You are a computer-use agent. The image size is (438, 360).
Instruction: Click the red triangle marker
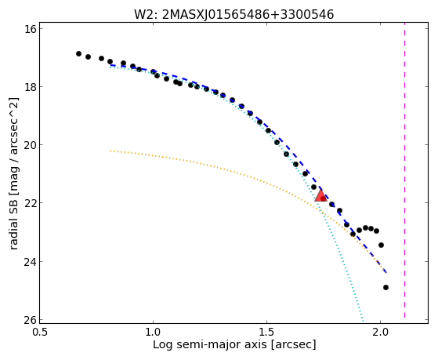click(320, 195)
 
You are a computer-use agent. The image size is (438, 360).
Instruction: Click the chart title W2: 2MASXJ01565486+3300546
click(234, 14)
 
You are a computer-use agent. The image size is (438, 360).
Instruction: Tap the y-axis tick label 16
click(31, 28)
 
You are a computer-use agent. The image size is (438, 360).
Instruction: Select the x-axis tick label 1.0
click(153, 333)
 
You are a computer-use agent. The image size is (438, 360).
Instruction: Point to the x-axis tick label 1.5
click(266, 333)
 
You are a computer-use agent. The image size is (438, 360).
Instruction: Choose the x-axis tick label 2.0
click(381, 333)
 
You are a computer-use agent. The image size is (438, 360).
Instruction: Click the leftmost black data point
click(79, 53)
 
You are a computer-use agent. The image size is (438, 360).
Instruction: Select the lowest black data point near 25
click(386, 287)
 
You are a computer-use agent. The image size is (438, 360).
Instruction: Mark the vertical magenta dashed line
click(404, 173)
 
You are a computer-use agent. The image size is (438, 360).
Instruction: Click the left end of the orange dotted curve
click(111, 151)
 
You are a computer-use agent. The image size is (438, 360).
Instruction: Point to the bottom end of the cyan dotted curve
click(363, 321)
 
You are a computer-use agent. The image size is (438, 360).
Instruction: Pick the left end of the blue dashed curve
click(111, 65)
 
